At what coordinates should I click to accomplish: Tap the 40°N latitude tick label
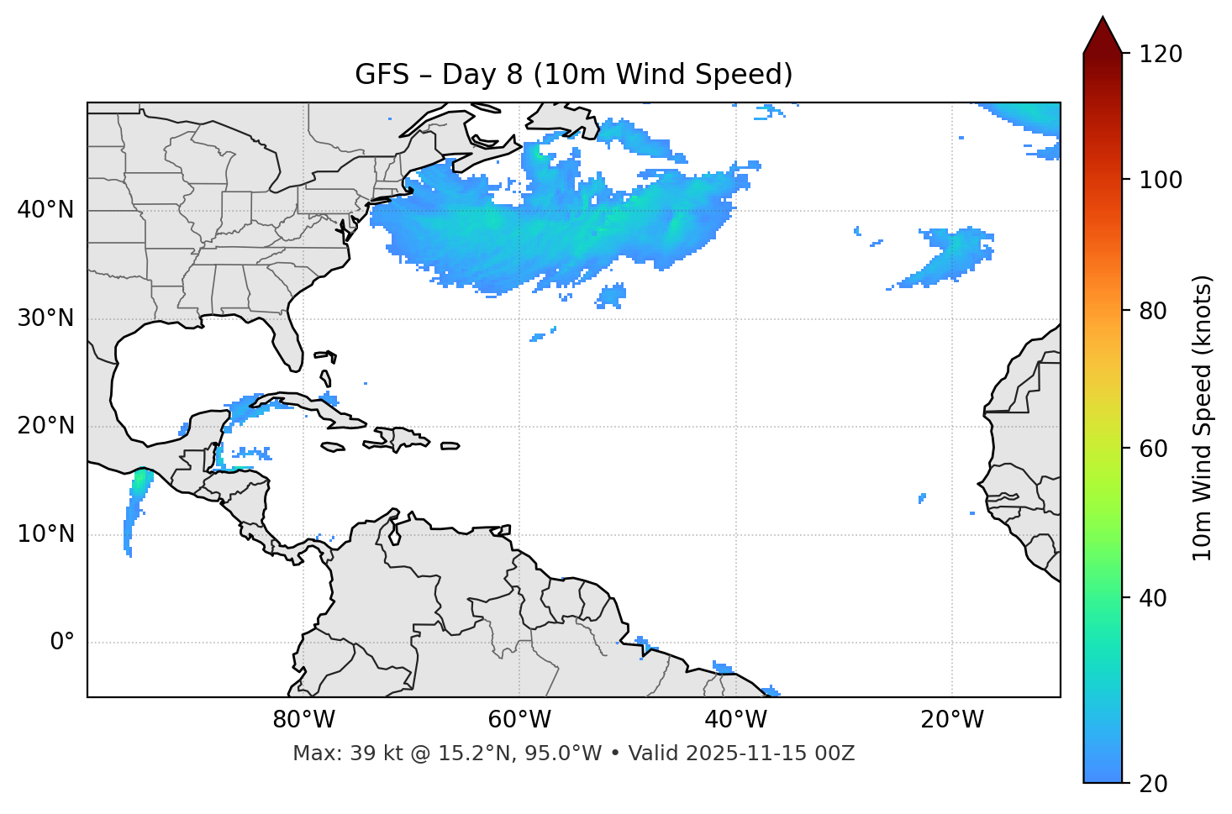(45, 210)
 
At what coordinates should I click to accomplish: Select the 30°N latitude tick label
(45, 318)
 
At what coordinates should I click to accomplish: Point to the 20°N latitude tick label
(45, 426)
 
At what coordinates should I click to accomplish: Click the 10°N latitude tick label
(45, 534)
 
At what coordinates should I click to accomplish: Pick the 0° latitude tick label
(61, 643)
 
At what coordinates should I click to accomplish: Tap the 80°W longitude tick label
(303, 720)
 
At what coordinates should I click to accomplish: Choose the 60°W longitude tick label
(519, 720)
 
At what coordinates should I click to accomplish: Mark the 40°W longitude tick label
(735, 720)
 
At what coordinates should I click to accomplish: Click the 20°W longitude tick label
(951, 720)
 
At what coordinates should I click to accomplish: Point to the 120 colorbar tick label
(1160, 55)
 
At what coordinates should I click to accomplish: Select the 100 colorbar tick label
(1160, 180)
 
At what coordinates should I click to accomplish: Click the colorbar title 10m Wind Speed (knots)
(1203, 418)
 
